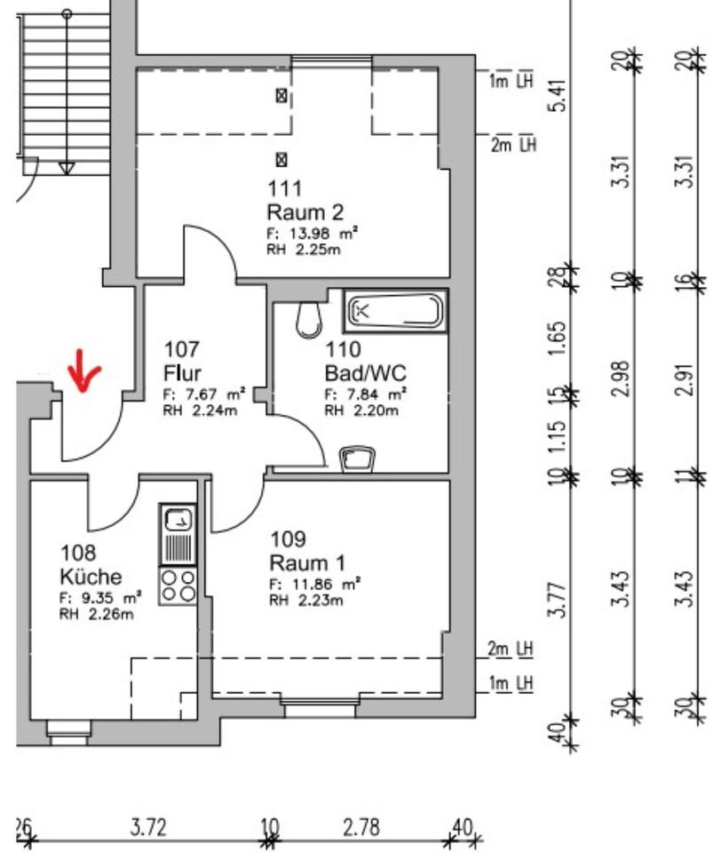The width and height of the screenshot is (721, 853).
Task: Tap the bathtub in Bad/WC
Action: [396, 311]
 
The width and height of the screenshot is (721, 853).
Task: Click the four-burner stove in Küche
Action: [178, 585]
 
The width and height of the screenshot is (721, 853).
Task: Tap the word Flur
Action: [184, 371]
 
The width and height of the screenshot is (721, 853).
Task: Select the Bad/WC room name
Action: [365, 371]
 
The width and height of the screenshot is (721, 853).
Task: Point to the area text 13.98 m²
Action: [312, 233]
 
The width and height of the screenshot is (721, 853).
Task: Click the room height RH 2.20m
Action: [361, 411]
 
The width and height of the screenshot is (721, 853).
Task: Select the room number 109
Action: [288, 539]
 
